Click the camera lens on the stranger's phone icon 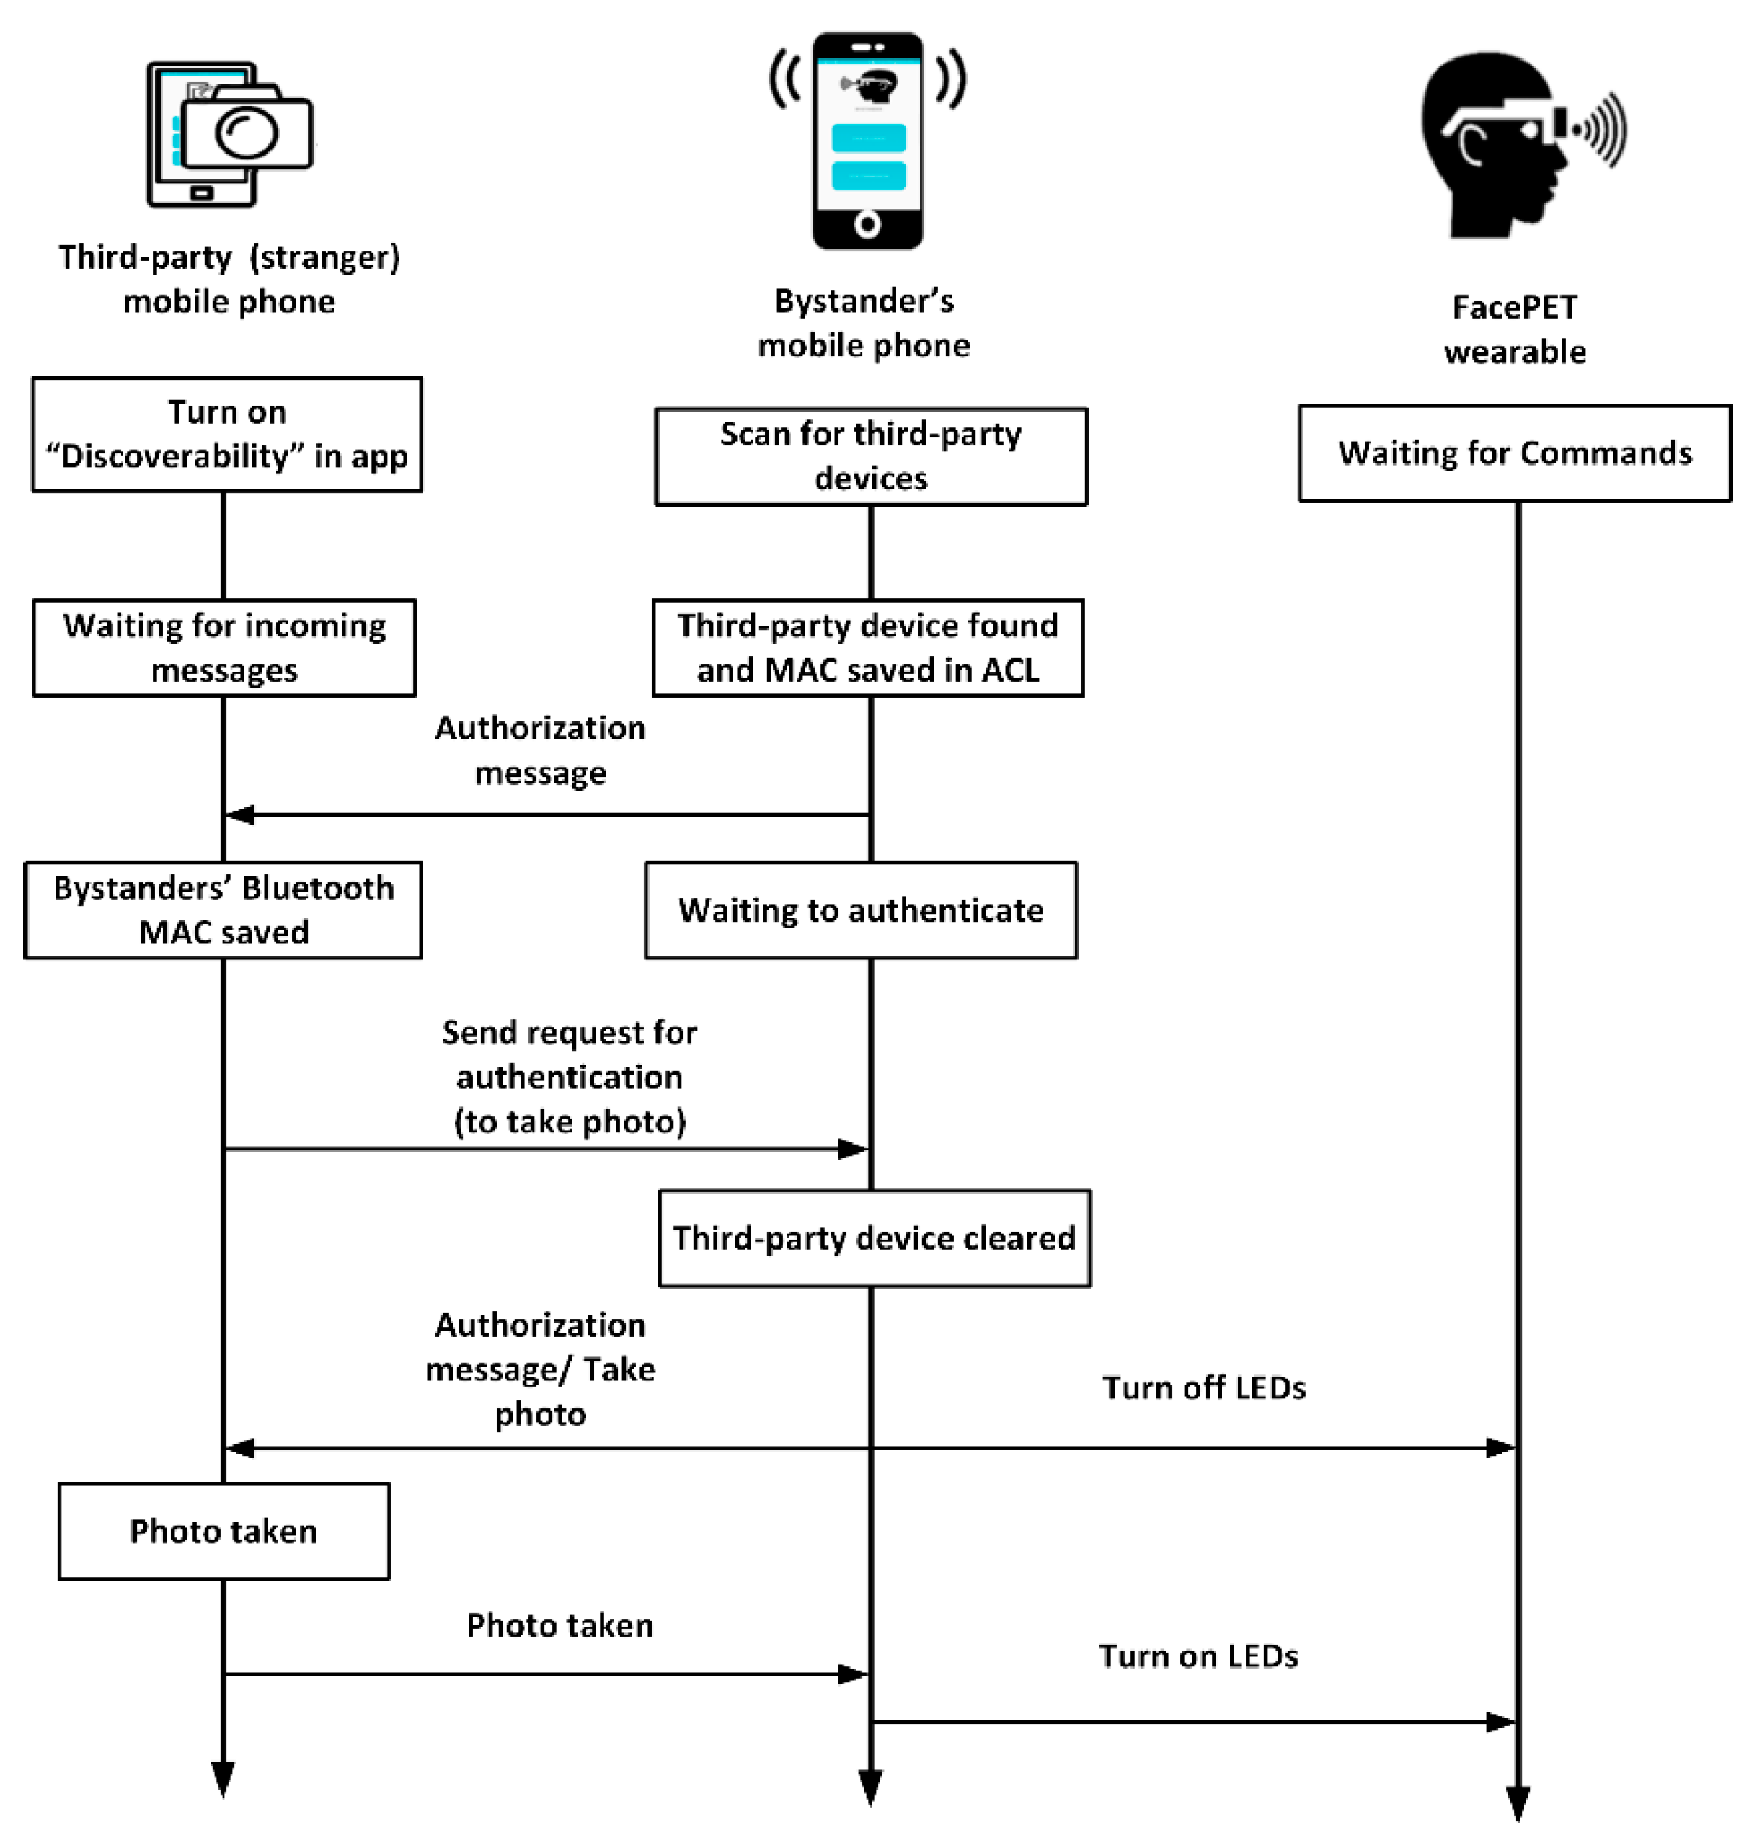(246, 133)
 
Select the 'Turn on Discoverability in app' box (226, 434)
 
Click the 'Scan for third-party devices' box (871, 456)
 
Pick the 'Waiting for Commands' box (1514, 453)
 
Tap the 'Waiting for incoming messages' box (223, 647)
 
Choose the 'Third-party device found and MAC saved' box (868, 647)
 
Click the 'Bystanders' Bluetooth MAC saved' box (223, 909)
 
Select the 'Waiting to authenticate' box (860, 909)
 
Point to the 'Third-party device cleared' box (874, 1238)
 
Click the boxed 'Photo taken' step (223, 1531)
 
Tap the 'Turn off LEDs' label (1203, 1387)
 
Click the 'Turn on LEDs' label (1197, 1656)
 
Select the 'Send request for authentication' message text (569, 1076)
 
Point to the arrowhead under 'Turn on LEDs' (1501, 1721)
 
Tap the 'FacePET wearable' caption (1514, 329)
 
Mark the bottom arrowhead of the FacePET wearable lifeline (1518, 1802)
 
